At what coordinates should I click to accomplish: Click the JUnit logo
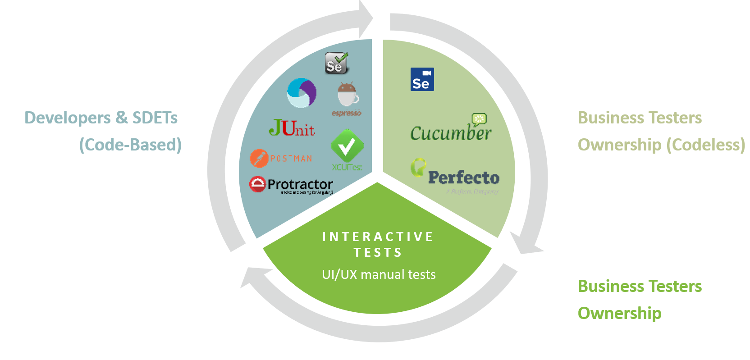coord(292,128)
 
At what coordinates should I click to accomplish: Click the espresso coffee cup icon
coord(348,95)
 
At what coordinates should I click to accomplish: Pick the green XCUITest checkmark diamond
coord(347,146)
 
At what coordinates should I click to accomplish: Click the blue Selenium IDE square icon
coord(422,79)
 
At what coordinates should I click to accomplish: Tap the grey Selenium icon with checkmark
coord(337,63)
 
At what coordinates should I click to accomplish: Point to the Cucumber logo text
coord(450,133)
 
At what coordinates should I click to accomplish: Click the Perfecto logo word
coord(463,178)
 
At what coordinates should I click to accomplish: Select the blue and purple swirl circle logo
coord(302,93)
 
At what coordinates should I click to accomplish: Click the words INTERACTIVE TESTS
coord(378,244)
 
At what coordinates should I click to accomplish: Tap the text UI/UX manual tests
coord(379,274)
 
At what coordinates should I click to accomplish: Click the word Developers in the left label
coord(67,118)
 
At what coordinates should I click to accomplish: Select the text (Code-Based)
coord(130,145)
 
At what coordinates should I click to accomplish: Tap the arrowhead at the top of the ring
coord(366,18)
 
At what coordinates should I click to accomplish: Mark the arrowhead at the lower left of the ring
coord(253,276)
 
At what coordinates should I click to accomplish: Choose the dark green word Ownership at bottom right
coord(619,313)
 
